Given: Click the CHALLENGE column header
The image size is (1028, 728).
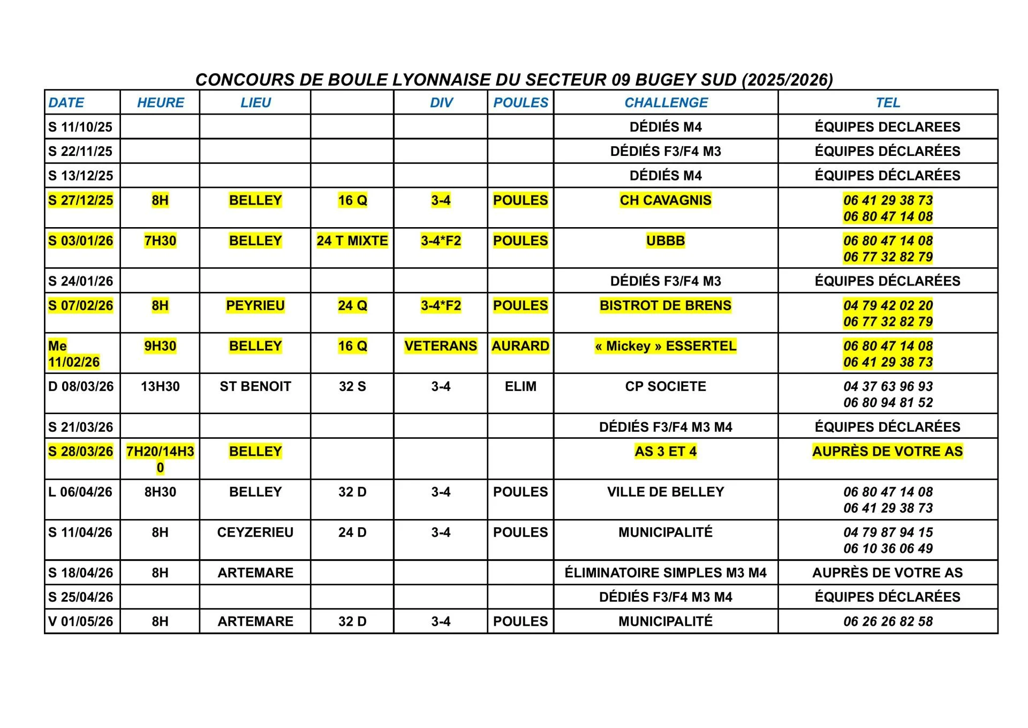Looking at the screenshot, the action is tap(666, 102).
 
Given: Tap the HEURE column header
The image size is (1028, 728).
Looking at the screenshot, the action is tap(160, 102).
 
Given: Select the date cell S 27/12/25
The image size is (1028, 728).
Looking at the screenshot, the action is tap(81, 200).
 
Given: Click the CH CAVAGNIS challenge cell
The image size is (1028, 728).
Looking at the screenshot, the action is tap(666, 200).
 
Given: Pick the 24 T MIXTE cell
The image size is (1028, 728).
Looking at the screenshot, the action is tap(352, 241).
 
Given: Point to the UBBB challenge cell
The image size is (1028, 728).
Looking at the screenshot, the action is tap(666, 241).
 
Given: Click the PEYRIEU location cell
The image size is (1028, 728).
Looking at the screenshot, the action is tap(255, 305).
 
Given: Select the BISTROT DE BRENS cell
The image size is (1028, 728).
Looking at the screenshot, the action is tap(666, 305).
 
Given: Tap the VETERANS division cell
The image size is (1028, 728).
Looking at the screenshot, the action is tap(441, 346).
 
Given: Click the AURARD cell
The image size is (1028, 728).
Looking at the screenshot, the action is tap(520, 346).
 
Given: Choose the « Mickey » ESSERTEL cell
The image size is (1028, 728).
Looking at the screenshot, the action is tap(666, 346).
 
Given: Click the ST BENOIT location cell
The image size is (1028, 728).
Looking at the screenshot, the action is tap(255, 386).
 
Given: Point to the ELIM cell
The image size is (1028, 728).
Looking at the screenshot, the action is tap(520, 386).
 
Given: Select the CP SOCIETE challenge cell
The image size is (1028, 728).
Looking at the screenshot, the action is tap(666, 386).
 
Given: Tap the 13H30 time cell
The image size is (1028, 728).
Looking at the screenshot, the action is tap(160, 386).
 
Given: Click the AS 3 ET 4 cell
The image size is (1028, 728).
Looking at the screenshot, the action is tap(666, 452).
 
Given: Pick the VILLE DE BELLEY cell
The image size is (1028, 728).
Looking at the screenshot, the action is tap(666, 492).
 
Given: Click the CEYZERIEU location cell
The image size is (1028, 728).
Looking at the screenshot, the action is tap(255, 532).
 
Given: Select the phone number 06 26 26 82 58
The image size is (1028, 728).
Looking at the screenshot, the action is tap(888, 621).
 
